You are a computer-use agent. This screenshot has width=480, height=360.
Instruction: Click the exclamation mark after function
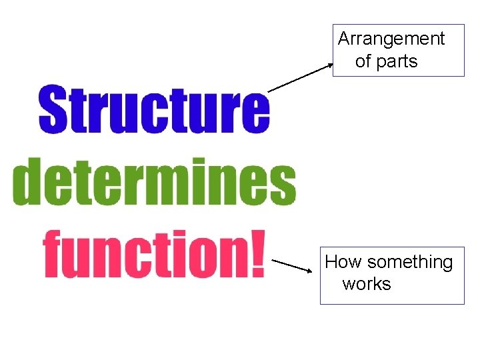(255, 253)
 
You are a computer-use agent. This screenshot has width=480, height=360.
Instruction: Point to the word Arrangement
(391, 39)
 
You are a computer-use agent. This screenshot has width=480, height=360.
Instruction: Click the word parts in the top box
(397, 61)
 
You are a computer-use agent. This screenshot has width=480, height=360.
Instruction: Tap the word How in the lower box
(343, 262)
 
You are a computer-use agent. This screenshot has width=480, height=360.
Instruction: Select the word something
(409, 263)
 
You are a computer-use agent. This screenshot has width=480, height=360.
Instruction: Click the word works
(367, 284)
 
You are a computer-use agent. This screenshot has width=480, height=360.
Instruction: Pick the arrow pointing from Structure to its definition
(300, 77)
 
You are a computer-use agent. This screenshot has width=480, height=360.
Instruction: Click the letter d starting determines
(27, 182)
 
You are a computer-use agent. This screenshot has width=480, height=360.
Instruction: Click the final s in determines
(282, 186)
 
